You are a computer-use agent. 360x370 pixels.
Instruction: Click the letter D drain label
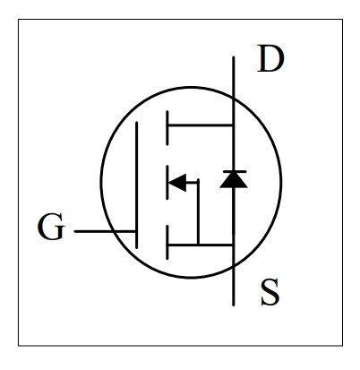(x=270, y=58)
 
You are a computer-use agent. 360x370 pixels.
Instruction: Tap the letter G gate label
(x=51, y=227)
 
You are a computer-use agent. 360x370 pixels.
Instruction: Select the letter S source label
(x=270, y=292)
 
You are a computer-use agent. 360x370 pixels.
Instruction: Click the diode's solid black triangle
(x=234, y=181)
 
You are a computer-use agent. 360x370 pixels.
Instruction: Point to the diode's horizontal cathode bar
(x=235, y=171)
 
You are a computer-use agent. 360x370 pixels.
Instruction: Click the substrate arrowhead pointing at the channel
(x=177, y=182)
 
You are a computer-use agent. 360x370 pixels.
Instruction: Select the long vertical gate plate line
(x=137, y=185)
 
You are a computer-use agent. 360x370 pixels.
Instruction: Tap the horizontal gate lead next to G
(x=105, y=231)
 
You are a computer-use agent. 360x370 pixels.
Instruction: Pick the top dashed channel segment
(x=167, y=128)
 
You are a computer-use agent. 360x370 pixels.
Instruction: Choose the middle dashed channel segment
(x=167, y=182)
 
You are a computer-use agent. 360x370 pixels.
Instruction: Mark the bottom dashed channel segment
(x=167, y=242)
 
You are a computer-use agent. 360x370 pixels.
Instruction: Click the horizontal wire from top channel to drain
(x=201, y=125)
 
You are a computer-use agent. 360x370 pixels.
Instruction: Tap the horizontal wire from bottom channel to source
(x=201, y=245)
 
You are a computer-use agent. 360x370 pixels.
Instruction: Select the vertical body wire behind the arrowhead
(x=198, y=212)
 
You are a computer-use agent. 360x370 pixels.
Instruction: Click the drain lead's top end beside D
(x=234, y=57)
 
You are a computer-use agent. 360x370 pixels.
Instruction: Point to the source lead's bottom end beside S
(x=234, y=305)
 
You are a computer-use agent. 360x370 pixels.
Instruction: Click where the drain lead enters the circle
(x=234, y=98)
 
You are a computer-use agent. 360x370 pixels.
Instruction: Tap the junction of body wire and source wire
(x=198, y=245)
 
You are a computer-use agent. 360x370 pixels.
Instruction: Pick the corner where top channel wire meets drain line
(x=233, y=125)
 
